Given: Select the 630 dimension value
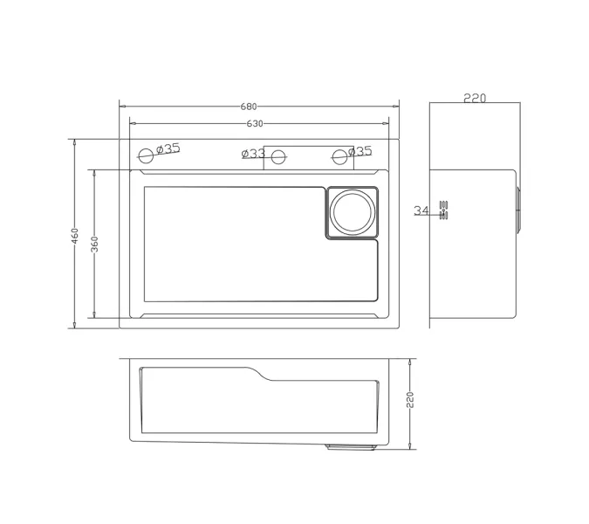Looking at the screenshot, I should (254, 124).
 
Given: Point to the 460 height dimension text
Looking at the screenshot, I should (75, 236).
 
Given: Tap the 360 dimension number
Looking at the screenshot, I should (94, 244).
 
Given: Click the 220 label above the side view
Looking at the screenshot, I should (474, 98).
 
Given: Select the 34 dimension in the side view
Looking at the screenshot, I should (421, 210).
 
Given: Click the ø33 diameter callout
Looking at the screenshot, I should (253, 154).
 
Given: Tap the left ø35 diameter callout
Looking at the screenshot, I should (168, 149).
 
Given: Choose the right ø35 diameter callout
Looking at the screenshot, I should (360, 152).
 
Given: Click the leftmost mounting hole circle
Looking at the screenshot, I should (146, 156).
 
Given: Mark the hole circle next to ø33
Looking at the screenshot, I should (278, 157).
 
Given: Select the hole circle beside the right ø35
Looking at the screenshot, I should (339, 157).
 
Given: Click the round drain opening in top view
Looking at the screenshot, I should (353, 212).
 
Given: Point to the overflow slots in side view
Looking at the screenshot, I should (443, 210).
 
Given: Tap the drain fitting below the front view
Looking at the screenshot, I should (351, 447).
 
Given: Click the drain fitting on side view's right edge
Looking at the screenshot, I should (520, 210).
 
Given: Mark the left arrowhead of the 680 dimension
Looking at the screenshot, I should (121, 107).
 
